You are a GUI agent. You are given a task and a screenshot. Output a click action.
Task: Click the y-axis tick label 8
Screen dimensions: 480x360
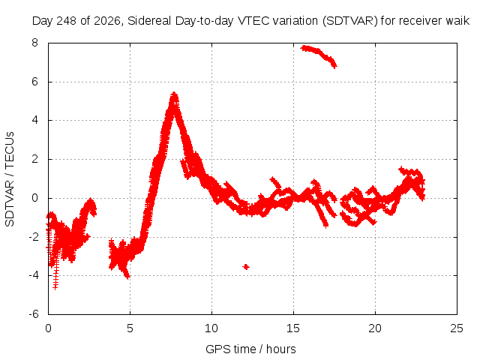point(34,43)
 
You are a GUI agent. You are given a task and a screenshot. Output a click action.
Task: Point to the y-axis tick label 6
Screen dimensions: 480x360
point(34,82)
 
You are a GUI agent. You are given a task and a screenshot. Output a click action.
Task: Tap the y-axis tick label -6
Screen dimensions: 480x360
point(33,314)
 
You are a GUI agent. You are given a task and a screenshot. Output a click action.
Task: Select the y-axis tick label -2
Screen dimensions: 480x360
point(33,237)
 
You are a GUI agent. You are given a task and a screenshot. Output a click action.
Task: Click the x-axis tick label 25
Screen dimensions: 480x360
point(457,328)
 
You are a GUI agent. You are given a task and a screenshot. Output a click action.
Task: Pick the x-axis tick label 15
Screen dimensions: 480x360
point(293,328)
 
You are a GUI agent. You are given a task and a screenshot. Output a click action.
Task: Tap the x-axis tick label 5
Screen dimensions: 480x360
point(130,328)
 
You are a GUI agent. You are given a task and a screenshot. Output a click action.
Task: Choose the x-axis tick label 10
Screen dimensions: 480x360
point(211,328)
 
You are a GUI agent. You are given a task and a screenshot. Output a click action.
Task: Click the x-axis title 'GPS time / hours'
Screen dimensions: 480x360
point(250,349)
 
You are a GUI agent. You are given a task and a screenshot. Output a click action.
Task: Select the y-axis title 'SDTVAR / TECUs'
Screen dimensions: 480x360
point(10,179)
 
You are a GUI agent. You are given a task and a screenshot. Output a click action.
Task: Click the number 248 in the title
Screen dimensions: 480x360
point(68,21)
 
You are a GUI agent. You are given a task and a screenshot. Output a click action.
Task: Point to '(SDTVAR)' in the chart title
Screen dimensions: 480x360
point(350,21)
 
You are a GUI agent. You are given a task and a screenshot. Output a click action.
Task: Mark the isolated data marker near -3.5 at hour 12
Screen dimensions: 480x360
point(246,267)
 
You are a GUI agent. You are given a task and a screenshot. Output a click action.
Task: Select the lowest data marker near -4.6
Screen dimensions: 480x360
point(55,287)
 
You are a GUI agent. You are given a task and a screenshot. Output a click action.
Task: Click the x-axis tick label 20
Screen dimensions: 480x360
point(375,328)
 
